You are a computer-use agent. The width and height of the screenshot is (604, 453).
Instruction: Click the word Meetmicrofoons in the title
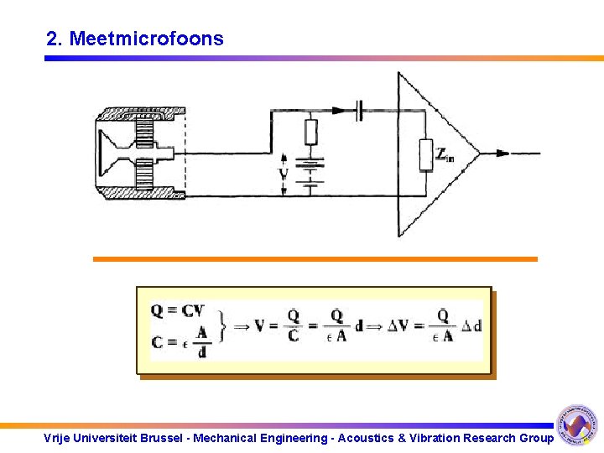(147, 39)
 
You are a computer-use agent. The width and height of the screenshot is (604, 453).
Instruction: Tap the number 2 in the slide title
(52, 39)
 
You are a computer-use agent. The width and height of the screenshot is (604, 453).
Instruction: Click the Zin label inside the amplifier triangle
(445, 153)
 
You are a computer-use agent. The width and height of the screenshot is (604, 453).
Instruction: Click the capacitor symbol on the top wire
(360, 109)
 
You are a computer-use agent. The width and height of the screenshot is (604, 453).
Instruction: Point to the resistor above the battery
(310, 132)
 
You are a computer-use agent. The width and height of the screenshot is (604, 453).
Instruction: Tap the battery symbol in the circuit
(310, 172)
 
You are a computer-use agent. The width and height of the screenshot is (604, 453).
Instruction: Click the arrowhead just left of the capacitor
(338, 109)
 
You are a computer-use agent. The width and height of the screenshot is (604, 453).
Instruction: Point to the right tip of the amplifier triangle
(479, 154)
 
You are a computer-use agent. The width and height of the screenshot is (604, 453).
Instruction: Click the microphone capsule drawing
(139, 153)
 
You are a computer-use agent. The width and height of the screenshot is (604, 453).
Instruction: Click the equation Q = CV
(177, 311)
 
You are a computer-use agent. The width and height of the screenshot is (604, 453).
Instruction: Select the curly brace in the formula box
(221, 326)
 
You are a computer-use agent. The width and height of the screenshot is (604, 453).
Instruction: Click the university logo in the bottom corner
(577, 424)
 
